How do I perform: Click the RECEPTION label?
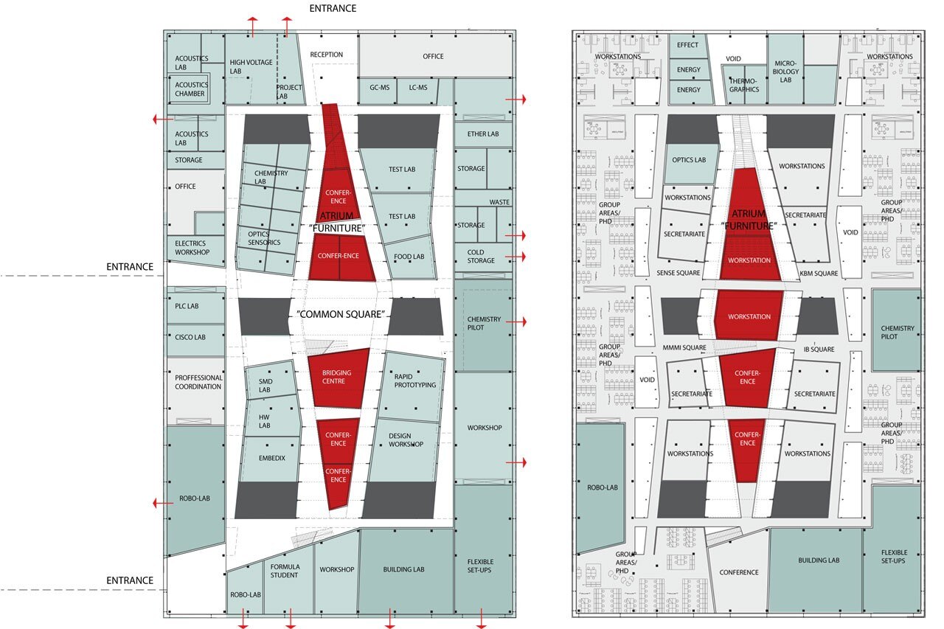(326, 55)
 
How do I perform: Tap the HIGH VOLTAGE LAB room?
(251, 69)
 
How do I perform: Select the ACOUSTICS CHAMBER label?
(190, 89)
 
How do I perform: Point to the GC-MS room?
(378, 90)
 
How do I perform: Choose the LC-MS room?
(417, 90)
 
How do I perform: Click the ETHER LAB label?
(483, 134)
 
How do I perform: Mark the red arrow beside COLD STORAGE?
(516, 257)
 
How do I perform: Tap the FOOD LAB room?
(409, 257)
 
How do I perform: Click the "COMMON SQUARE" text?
(341, 314)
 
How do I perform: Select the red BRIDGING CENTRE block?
(338, 378)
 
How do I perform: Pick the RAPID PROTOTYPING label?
(414, 380)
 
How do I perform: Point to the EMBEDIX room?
(270, 459)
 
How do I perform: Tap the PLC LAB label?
(187, 306)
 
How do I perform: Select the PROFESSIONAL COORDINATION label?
(198, 382)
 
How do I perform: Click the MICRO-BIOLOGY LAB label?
(785, 72)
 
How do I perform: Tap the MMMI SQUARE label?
(684, 347)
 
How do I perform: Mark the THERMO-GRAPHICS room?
(745, 84)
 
